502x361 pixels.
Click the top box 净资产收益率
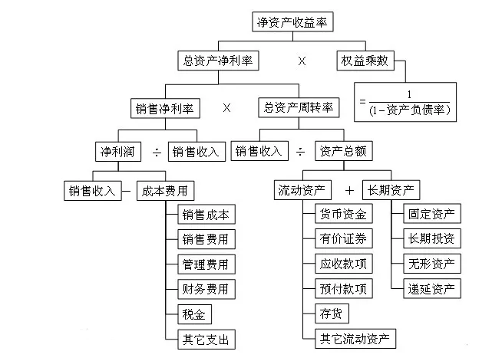[292, 22]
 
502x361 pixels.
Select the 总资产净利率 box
[218, 59]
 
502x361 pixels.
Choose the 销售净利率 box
[165, 108]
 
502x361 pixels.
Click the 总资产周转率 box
[299, 108]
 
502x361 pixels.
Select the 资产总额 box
[344, 150]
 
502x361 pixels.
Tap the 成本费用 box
[164, 191]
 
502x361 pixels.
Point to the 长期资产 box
[392, 191]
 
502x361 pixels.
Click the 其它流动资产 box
[355, 337]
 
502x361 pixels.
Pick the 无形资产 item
[433, 264]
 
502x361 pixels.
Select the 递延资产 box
[433, 288]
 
